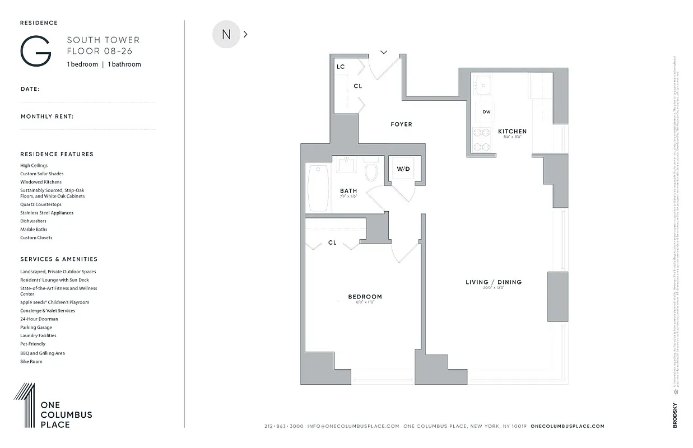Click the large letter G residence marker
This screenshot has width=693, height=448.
coord(36,52)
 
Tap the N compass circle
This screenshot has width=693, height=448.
coord(226,34)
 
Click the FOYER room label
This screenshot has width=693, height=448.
coord(401,124)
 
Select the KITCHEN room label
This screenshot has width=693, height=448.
coord(512,132)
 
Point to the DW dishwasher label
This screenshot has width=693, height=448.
coord(486,112)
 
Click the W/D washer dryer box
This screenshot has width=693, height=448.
coord(403,169)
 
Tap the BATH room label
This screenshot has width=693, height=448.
coord(348,192)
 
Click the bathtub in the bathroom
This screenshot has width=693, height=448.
coord(318,188)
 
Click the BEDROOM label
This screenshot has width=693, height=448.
coord(365,297)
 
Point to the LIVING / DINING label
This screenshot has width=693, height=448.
coord(494,282)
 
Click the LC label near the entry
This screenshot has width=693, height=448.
coord(341,67)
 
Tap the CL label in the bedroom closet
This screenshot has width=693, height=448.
coord(332,242)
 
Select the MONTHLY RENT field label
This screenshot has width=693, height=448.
coord(47,116)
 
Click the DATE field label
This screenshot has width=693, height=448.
coord(30,89)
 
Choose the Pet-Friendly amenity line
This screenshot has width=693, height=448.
coord(33,344)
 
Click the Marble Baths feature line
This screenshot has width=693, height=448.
coord(34,229)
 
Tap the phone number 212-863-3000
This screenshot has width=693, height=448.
coord(283,426)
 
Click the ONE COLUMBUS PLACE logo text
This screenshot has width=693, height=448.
coord(66,415)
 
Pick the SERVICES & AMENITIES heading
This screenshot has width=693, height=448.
coord(59,259)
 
